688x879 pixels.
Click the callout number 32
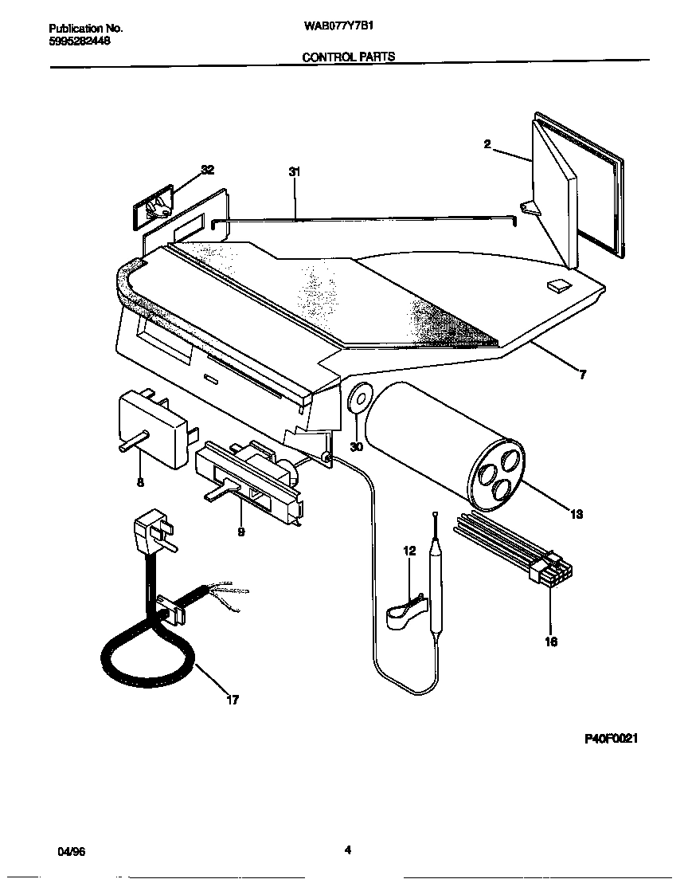pos(208,170)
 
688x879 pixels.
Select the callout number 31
pos(295,171)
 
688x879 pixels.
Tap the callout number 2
pos(487,144)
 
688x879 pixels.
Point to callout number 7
pos(582,374)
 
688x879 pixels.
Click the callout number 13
pos(577,514)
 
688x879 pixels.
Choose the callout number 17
pos(232,700)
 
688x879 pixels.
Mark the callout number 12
pos(409,551)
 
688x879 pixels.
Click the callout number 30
pos(356,447)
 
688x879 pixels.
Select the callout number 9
pos(240,532)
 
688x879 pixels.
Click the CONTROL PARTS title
pos(348,57)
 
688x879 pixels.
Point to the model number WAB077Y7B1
pos(339,25)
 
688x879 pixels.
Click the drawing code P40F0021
pos(612,739)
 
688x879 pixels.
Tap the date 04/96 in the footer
pos(72,850)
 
